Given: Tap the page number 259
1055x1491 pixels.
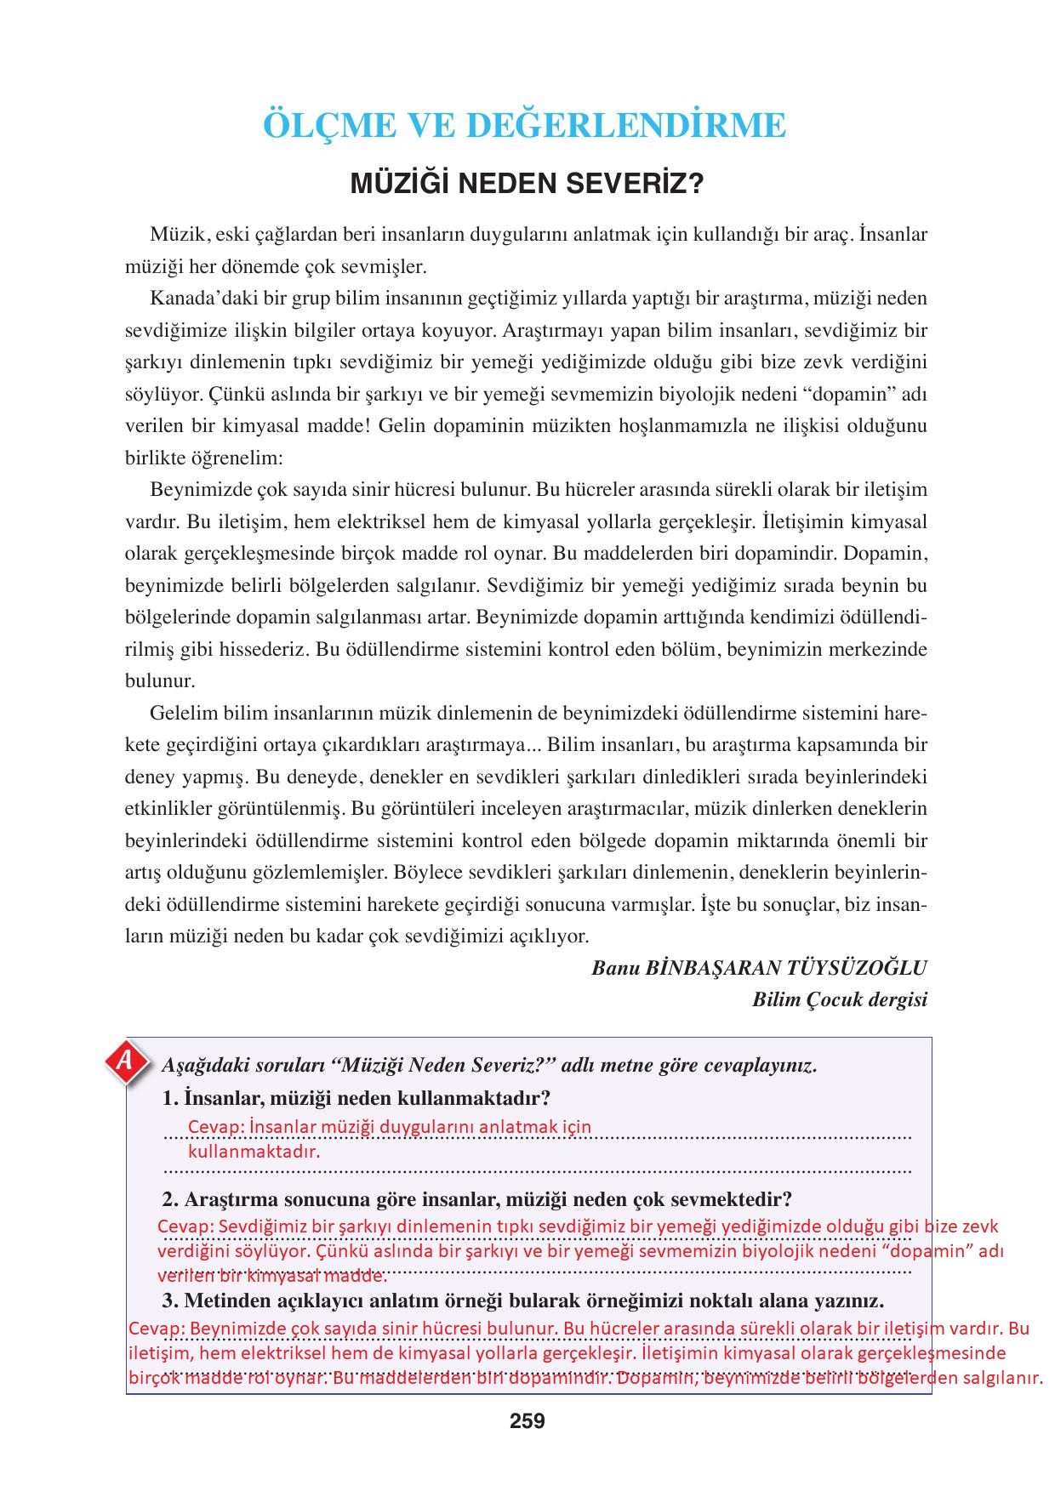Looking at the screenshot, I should click(527, 1420).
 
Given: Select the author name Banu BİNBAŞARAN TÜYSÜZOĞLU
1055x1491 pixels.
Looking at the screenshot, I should click(759, 968).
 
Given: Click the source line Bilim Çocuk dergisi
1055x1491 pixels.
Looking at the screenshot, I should click(839, 999).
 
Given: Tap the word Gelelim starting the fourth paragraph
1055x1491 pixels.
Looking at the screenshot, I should click(184, 713).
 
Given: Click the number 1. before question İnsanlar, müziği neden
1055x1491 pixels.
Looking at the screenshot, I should click(169, 1098).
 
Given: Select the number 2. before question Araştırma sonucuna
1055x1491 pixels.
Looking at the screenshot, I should click(170, 1200).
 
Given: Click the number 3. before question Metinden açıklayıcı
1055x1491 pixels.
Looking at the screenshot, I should click(170, 1301).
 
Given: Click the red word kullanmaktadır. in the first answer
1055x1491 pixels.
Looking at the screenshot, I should click(254, 1152).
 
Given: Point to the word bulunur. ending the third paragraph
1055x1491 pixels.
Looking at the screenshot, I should click(160, 681).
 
